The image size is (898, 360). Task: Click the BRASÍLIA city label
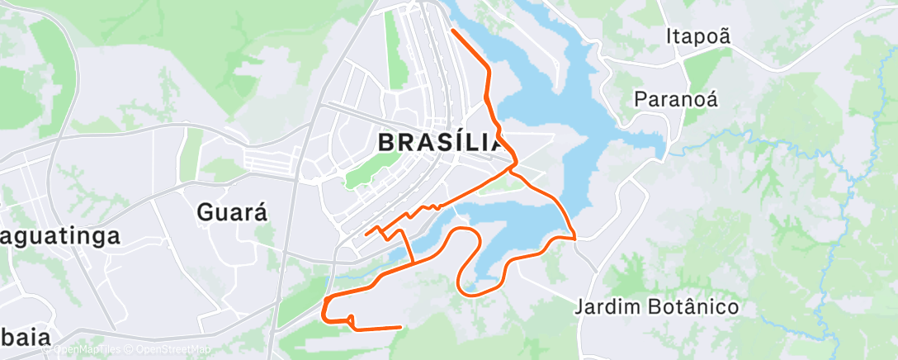click(440, 142)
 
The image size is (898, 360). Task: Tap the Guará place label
click(234, 212)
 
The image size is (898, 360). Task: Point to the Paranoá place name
click(676, 99)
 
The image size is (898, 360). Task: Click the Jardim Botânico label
click(657, 307)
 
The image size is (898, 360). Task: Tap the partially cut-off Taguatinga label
click(59, 235)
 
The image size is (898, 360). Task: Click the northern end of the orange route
click(452, 31)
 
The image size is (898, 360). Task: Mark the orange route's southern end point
click(400, 327)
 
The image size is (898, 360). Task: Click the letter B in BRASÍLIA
click(386, 142)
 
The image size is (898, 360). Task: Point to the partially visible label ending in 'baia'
click(25, 337)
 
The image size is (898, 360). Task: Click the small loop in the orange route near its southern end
click(351, 320)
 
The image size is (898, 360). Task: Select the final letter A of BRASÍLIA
click(493, 142)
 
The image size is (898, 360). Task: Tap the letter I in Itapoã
click(669, 36)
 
